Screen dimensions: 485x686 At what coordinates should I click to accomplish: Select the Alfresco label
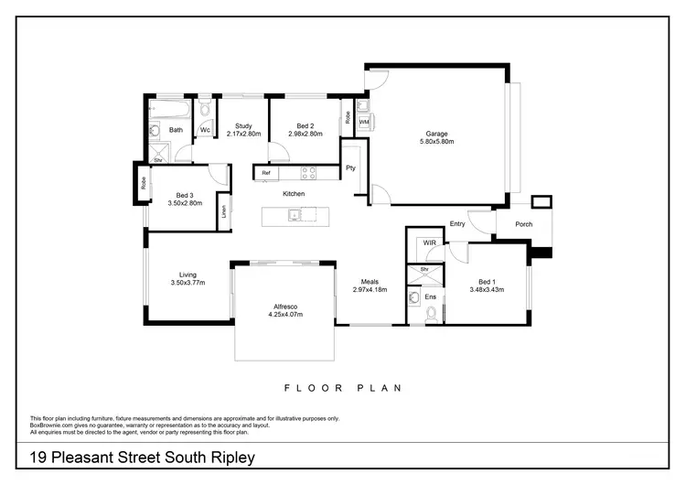pos(284,306)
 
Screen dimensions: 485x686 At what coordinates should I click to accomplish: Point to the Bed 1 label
pos(488,281)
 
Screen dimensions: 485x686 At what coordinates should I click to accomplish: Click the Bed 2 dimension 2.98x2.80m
pos(305,135)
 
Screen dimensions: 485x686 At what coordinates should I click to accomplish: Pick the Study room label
pos(243,126)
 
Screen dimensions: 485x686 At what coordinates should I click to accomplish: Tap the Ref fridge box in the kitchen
pos(266,173)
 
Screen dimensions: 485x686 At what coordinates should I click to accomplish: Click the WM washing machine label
pos(363,122)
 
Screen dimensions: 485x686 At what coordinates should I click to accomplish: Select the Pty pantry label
pos(350,167)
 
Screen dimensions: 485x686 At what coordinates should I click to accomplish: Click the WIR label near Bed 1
pos(430,243)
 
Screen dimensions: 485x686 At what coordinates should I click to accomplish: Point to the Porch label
pos(524,224)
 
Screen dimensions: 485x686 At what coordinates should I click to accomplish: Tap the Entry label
pos(457,224)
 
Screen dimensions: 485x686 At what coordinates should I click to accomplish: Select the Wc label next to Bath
pos(206,131)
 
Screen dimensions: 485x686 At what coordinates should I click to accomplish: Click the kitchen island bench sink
pos(293,216)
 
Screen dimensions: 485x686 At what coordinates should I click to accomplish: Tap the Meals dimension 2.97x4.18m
pos(370,290)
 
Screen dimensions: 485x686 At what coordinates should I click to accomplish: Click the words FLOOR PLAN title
pos(344,388)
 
